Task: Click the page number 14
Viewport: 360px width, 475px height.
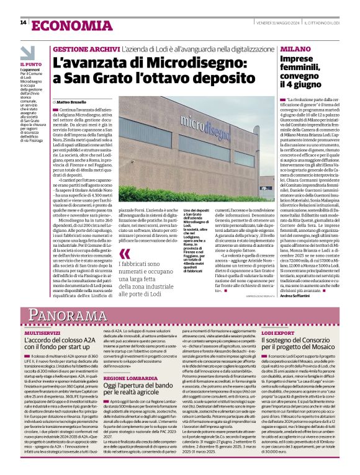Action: pos(23,23)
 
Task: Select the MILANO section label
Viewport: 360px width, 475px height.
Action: pos(295,48)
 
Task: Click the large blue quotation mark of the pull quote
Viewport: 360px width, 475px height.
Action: pos(125,254)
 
